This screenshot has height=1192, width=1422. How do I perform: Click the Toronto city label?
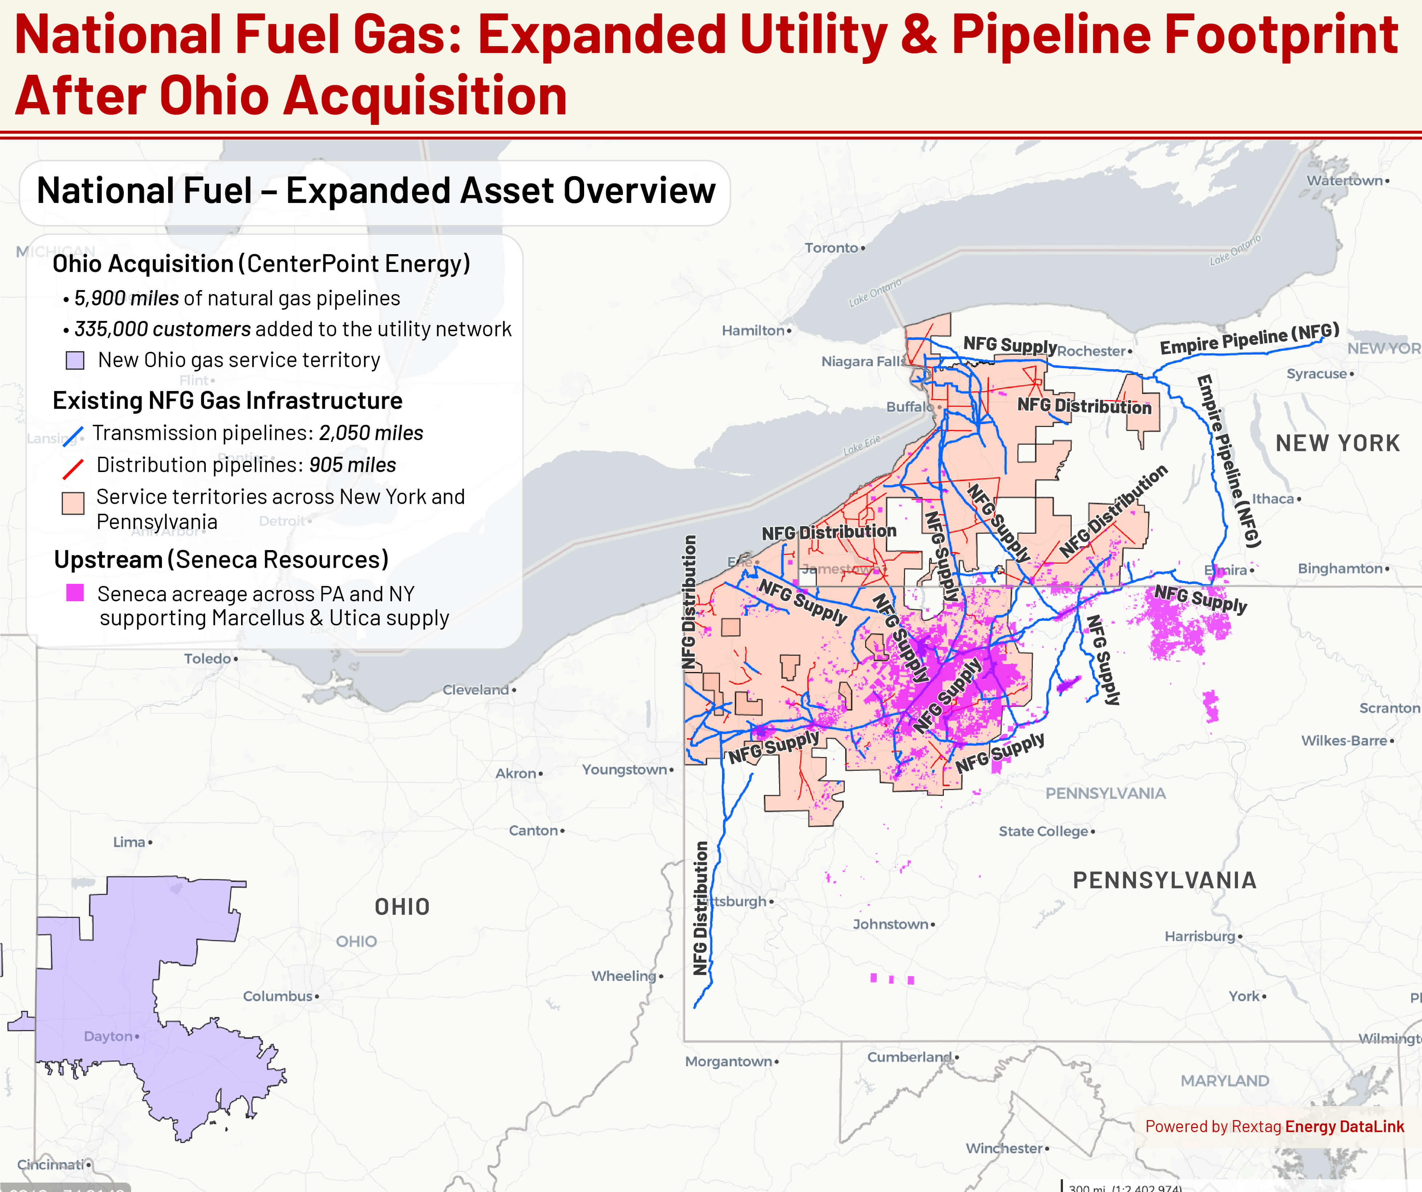pyautogui.click(x=832, y=248)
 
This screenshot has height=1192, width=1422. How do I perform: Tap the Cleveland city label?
pyautogui.click(x=476, y=689)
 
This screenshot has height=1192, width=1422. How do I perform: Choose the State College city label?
pyautogui.click(x=1043, y=831)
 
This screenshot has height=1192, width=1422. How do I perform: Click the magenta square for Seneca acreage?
pyautogui.click(x=75, y=593)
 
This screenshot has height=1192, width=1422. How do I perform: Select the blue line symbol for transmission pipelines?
pyautogui.click(x=73, y=435)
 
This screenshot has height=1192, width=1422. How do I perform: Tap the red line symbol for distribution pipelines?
pyautogui.click(x=73, y=468)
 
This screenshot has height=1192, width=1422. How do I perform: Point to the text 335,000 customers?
pyautogui.click(x=163, y=329)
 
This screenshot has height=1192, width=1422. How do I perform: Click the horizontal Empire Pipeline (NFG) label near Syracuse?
pyautogui.click(x=1249, y=339)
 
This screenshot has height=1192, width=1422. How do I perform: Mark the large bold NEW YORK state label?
pyautogui.click(x=1337, y=443)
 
